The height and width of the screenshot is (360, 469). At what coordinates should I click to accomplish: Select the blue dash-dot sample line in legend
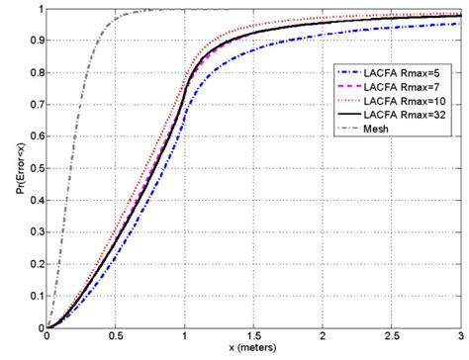click(349, 72)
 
